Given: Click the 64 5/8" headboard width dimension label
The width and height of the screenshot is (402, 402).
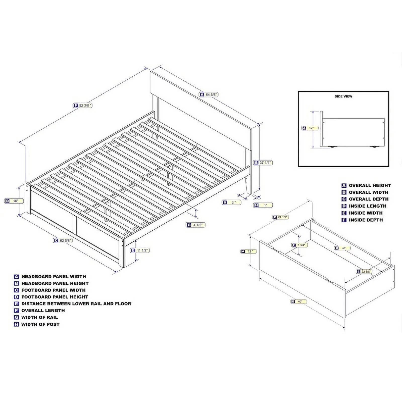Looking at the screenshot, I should pos(209,95).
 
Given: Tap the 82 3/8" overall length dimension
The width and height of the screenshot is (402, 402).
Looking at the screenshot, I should pos(83,106).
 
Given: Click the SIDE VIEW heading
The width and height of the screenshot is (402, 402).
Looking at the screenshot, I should pos(343,96).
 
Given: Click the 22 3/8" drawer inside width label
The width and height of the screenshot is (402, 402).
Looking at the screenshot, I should pos(364,272).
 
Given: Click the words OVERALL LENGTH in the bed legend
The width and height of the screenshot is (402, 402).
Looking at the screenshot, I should pos(43,311).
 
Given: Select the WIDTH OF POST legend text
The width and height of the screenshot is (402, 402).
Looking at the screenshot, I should pos(40,324).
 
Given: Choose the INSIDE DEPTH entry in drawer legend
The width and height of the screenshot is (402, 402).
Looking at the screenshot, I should pos(366,220).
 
